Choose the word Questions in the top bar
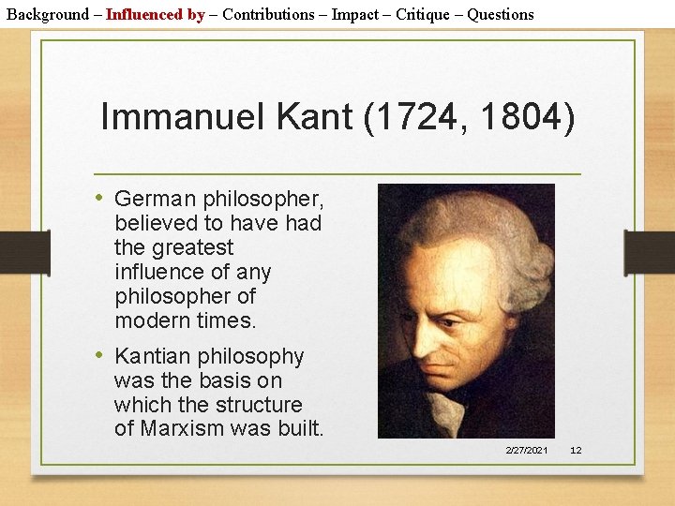[x=501, y=14]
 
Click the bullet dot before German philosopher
[x=100, y=198]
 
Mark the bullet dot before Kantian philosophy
[x=100, y=355]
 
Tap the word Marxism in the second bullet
[x=181, y=429]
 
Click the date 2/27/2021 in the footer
[x=526, y=451]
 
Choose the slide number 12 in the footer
[x=576, y=451]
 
